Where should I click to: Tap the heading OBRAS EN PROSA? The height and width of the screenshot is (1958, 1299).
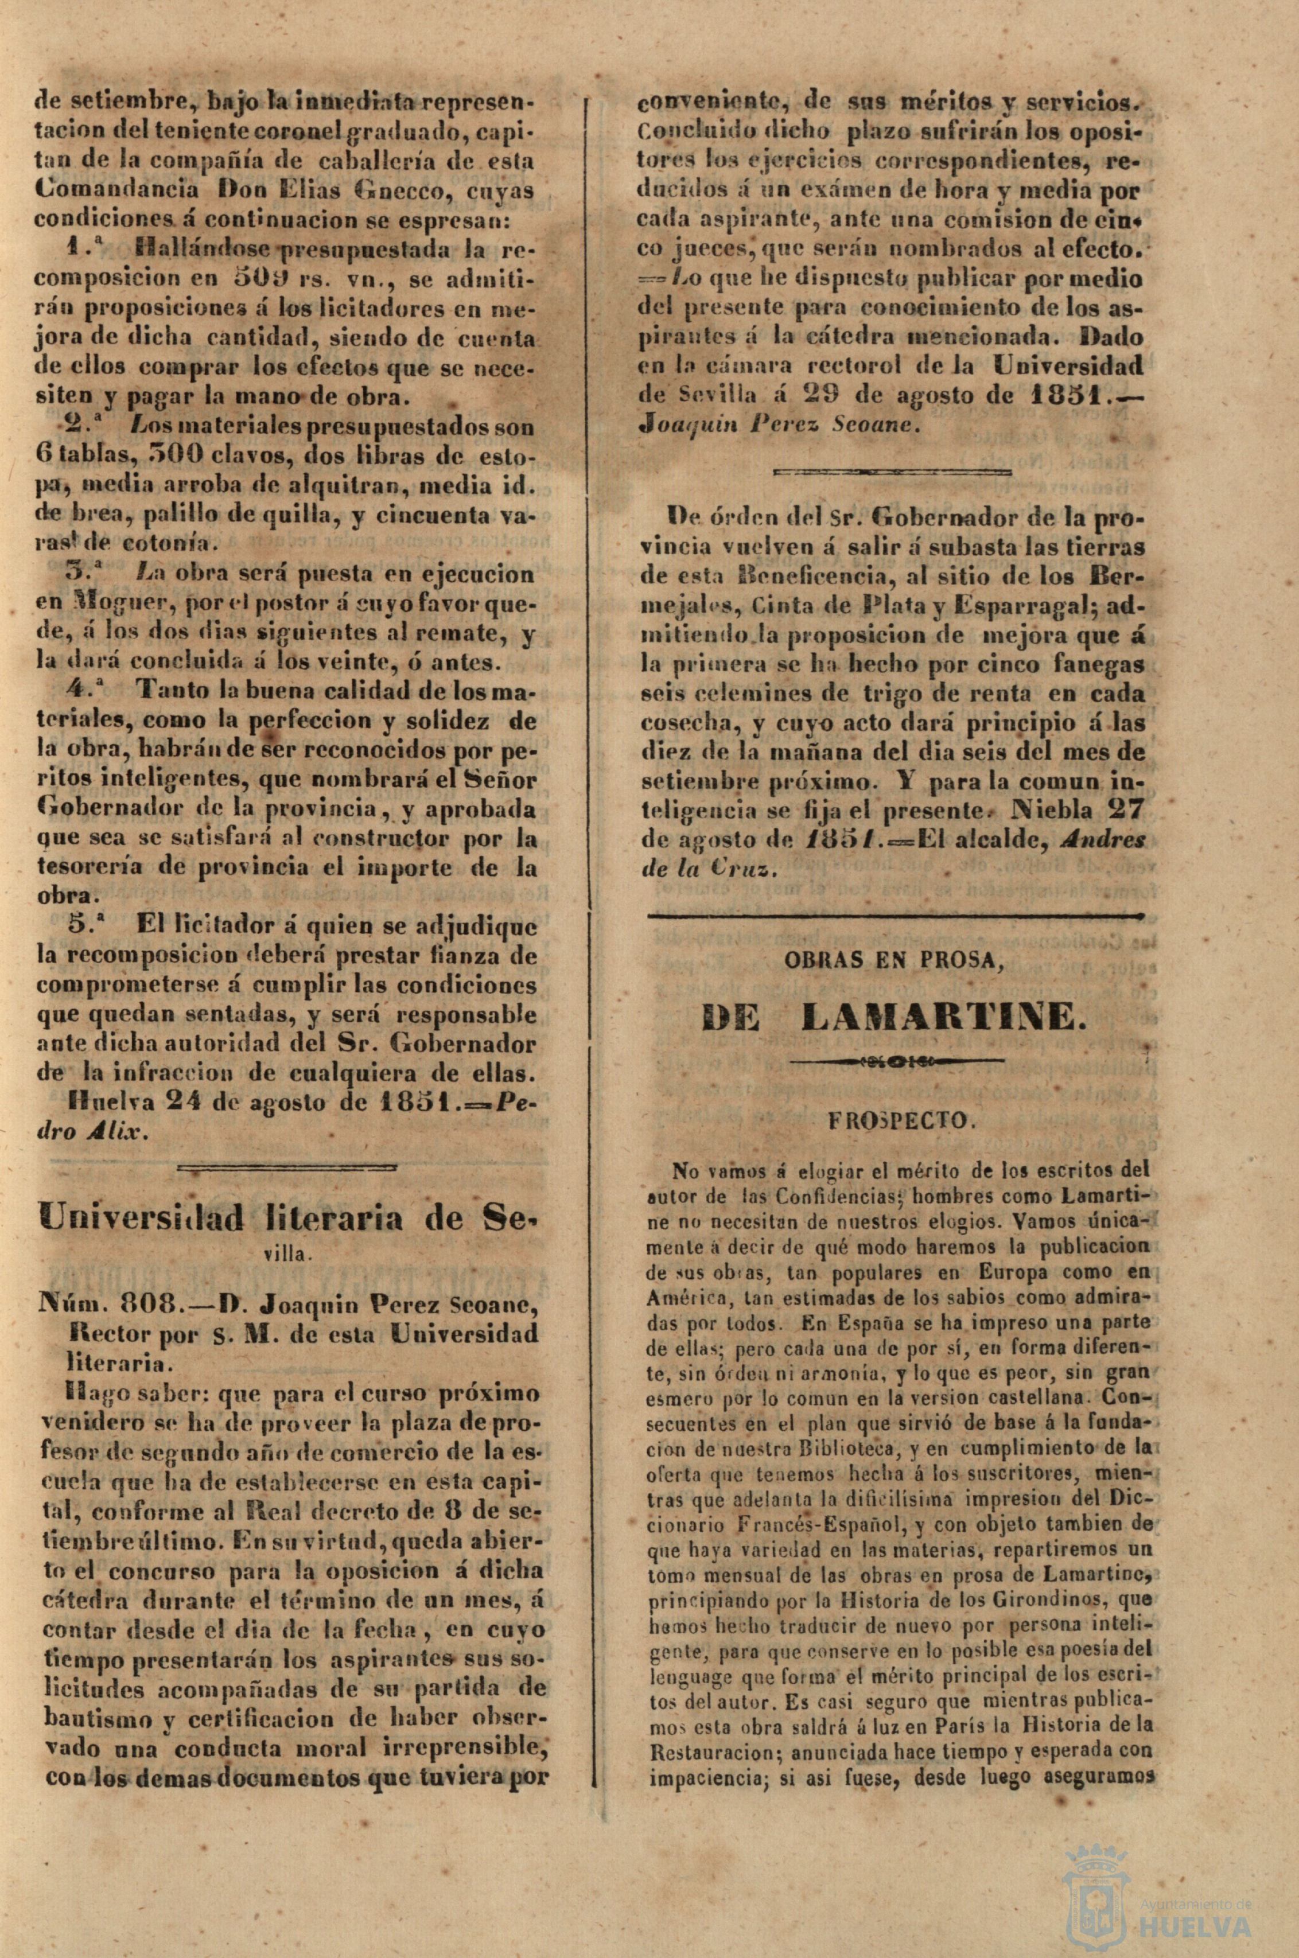click(894, 961)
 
